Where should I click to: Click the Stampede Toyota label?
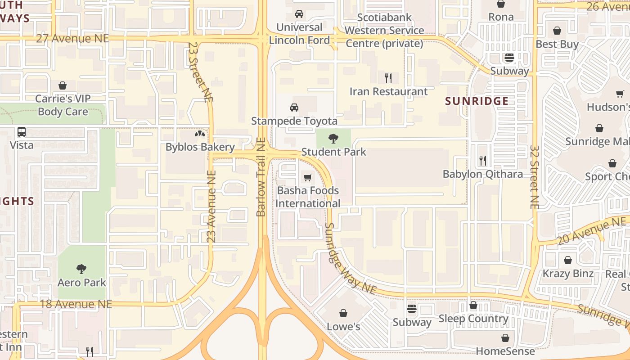click(294, 121)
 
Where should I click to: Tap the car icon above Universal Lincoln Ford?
click(299, 14)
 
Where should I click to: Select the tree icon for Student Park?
click(333, 139)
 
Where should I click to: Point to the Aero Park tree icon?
click(81, 269)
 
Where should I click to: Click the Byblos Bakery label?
click(200, 147)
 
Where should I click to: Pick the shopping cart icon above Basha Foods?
click(308, 177)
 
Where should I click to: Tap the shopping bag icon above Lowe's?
click(343, 313)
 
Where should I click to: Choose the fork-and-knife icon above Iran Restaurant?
click(388, 78)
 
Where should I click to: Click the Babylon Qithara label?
click(482, 174)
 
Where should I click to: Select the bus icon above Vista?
click(22, 132)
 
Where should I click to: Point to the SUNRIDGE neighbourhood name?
click(477, 101)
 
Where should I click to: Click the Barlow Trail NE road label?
click(261, 177)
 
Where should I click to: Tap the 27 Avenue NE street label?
click(72, 38)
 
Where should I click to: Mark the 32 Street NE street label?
click(534, 177)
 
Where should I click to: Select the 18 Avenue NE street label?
click(76, 304)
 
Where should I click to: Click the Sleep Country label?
click(473, 319)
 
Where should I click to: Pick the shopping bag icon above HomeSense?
click(505, 338)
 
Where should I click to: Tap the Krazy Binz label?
click(568, 274)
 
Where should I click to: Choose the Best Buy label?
click(557, 44)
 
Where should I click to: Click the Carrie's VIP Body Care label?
click(63, 105)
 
